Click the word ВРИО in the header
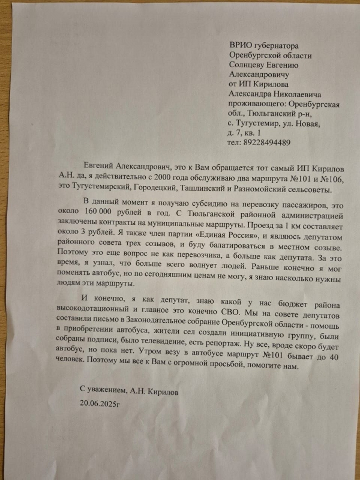pos(242,45)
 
